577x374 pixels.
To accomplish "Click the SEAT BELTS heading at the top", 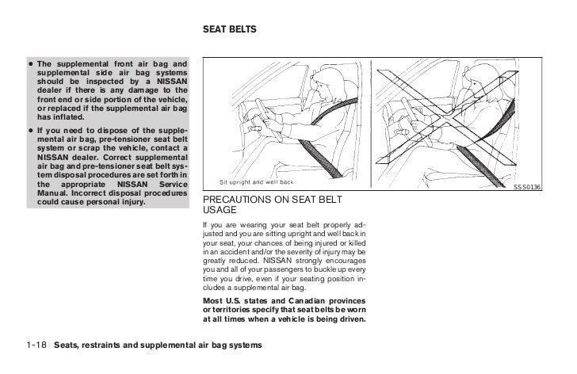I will pyautogui.click(x=229, y=31).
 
